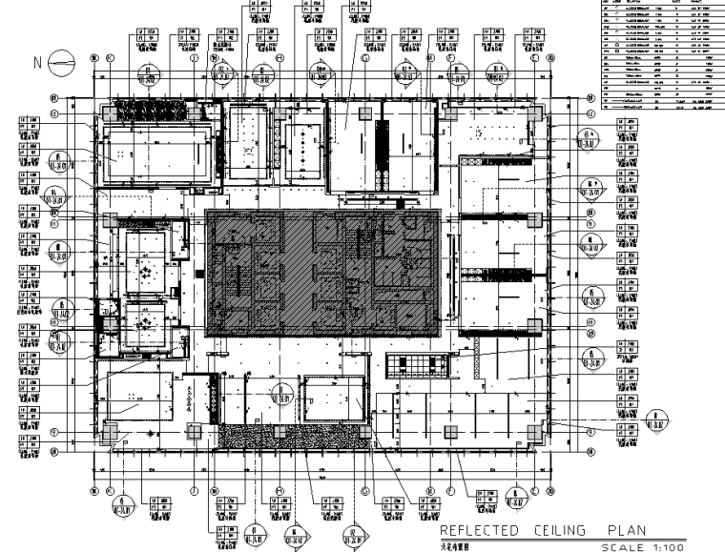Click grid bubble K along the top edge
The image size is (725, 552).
111,58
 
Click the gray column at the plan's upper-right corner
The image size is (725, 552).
534,112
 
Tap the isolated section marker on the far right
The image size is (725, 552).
657,419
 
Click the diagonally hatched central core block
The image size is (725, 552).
321,271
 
